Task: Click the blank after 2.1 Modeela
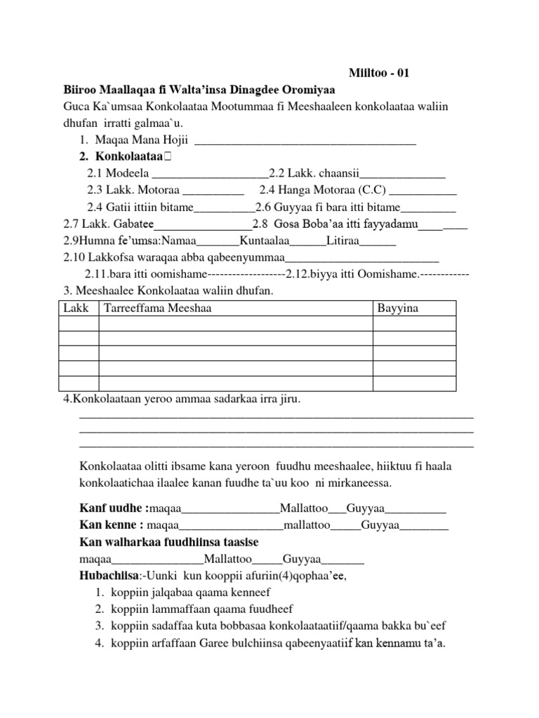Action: (x=210, y=175)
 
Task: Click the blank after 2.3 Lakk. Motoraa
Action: (x=213, y=191)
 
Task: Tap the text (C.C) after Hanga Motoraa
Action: (x=371, y=189)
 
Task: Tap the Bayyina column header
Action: (x=398, y=308)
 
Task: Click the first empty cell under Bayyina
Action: (x=414, y=323)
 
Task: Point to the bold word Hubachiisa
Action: (x=111, y=576)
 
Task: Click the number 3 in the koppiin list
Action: (x=99, y=625)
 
